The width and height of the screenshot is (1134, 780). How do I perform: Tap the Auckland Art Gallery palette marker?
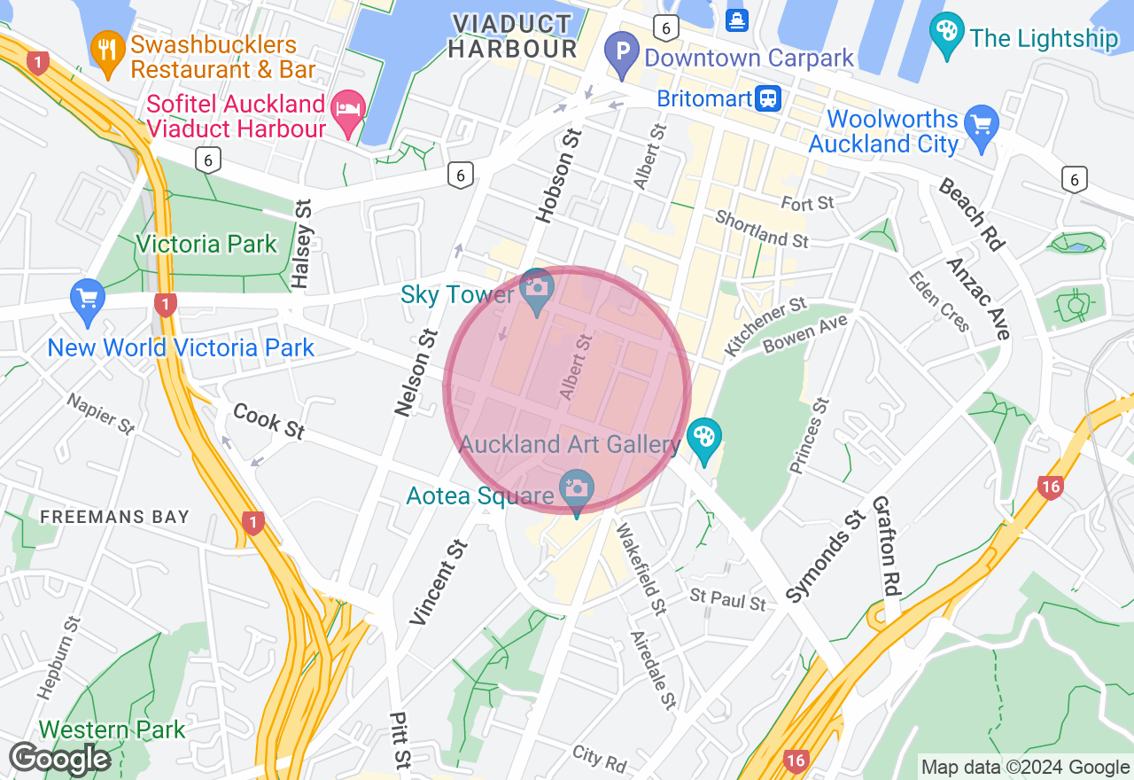704,438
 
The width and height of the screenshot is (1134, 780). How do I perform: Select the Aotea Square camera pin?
577,489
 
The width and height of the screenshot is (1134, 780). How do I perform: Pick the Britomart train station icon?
768,97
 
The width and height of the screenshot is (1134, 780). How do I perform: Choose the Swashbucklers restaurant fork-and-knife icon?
107,51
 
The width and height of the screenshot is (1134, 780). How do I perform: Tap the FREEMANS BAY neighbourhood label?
115,516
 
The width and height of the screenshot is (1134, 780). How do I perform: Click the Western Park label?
112,729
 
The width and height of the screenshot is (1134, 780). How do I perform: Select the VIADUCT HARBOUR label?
513,35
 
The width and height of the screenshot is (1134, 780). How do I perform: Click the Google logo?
59,759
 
